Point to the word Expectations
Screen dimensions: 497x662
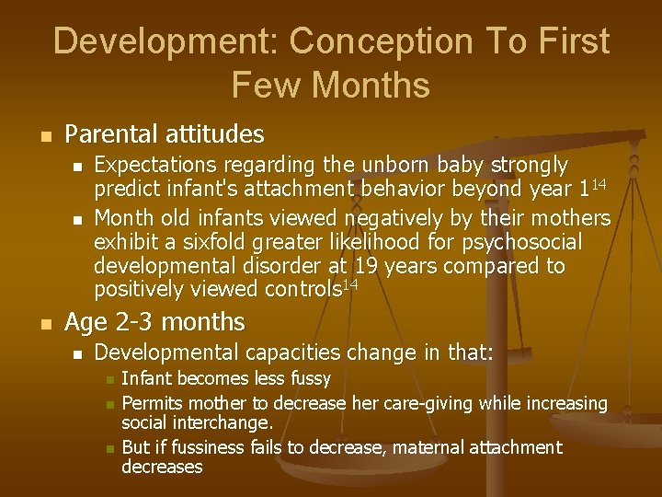(x=150, y=165)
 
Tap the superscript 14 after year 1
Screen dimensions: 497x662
(x=599, y=184)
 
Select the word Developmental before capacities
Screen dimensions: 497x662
(x=166, y=352)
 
